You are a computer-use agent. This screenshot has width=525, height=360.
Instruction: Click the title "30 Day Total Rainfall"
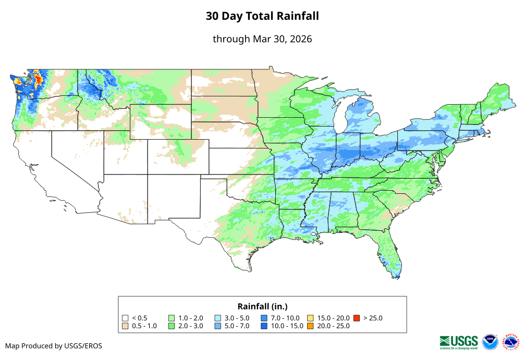point(262,16)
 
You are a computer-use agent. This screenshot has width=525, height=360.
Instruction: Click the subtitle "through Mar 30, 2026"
point(262,39)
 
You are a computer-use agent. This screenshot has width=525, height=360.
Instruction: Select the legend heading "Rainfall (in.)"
point(262,306)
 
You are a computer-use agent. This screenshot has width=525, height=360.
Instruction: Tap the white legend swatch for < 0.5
point(125,318)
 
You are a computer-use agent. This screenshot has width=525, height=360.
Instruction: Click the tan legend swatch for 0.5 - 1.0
point(125,326)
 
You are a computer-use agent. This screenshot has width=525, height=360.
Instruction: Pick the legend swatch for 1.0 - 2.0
point(172,318)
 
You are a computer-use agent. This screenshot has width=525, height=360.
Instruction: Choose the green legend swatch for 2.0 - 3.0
point(172,326)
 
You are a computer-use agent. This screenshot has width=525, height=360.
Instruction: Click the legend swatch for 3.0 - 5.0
point(218,318)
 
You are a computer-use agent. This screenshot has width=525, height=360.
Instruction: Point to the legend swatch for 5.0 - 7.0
point(218,326)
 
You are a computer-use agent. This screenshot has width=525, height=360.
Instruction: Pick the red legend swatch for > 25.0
point(357,318)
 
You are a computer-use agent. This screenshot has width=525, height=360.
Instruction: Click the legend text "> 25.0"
point(373,318)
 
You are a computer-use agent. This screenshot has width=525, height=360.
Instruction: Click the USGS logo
point(459,342)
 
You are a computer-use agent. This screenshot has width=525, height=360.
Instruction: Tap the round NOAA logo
point(490,342)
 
